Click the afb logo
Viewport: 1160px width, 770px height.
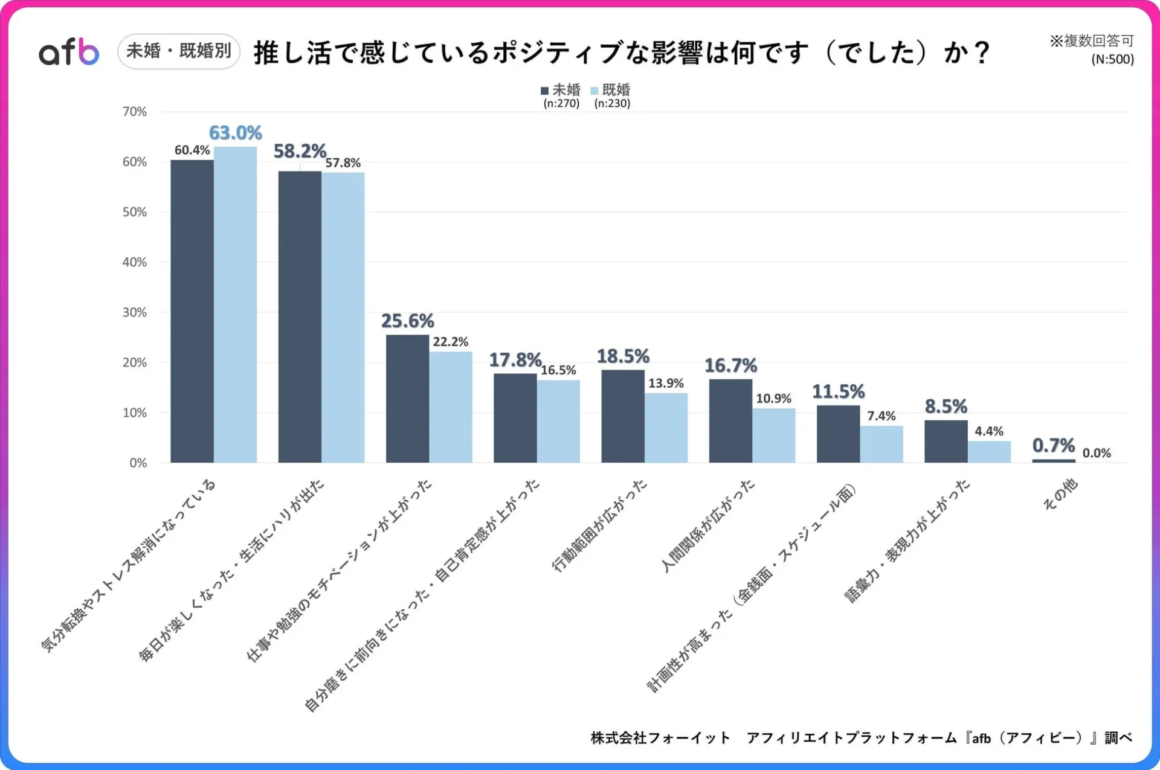click(x=69, y=52)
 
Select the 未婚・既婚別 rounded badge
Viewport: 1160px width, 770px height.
click(x=179, y=51)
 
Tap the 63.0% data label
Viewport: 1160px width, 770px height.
click(x=235, y=133)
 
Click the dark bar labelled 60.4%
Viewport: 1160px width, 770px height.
click(x=192, y=311)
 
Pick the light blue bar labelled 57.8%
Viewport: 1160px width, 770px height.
click(x=343, y=318)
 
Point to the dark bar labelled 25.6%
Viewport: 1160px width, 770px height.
click(x=407, y=399)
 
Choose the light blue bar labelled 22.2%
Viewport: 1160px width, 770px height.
click(x=451, y=407)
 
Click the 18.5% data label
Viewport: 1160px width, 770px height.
click(x=623, y=356)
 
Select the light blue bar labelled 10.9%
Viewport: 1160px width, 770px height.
click(x=773, y=435)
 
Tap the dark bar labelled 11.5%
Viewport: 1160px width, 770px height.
click(x=838, y=434)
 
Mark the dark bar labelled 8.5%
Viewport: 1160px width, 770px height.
click(x=946, y=441)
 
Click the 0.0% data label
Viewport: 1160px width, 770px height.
click(x=1096, y=453)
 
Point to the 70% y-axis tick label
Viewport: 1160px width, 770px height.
click(x=135, y=112)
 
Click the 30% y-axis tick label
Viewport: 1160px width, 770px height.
click(x=135, y=312)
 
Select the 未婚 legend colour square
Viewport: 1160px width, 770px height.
click(x=544, y=91)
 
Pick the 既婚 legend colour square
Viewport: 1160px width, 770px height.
click(x=594, y=91)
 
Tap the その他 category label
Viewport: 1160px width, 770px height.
click(x=1060, y=494)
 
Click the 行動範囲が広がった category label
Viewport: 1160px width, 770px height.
click(x=600, y=525)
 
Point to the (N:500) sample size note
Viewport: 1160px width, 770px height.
click(x=1112, y=59)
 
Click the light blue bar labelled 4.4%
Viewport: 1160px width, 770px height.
click(x=988, y=452)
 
